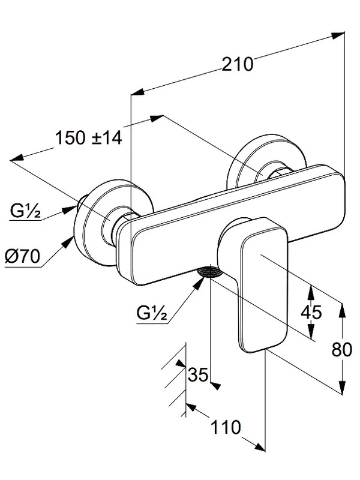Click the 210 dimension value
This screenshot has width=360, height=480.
pos(238,64)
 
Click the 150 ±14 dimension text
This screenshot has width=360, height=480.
pos(88,137)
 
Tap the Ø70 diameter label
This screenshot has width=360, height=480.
pos(23,256)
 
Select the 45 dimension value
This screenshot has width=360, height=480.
pos(311,312)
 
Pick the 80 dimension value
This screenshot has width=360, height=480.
pos(342,349)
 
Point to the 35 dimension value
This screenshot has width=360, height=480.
pos(198,374)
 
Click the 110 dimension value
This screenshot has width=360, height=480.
pos(226,427)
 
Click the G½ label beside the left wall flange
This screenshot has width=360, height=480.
pos(25,211)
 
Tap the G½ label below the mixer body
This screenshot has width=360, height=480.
pos(152,313)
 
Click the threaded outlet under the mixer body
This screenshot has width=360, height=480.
pos(209,272)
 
